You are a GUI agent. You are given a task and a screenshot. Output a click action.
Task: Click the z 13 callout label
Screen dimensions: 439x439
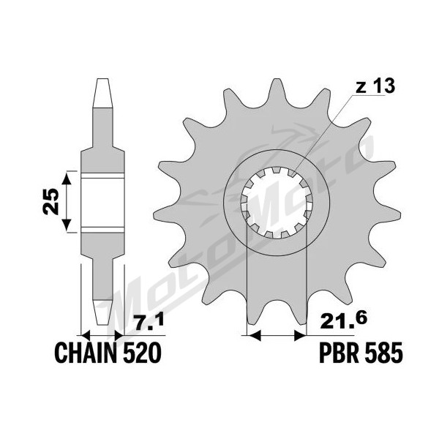(x=375, y=86)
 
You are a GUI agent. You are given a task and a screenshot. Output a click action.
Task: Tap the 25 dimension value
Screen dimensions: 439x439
(x=52, y=202)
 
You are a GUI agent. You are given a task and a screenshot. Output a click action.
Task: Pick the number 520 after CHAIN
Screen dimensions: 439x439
(x=142, y=353)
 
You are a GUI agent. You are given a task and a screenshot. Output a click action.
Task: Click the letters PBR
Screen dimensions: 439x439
(x=339, y=353)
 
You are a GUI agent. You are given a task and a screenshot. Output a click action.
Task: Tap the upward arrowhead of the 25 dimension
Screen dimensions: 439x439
(x=67, y=179)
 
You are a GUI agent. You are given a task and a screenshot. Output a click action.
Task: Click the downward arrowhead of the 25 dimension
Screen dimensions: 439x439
(x=67, y=226)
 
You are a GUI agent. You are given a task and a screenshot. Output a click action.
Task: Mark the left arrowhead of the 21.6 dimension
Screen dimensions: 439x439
(x=253, y=335)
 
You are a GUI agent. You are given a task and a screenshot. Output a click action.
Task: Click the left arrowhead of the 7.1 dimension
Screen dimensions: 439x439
(x=86, y=335)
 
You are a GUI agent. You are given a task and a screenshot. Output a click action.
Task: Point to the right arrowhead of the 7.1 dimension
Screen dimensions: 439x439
(x=119, y=335)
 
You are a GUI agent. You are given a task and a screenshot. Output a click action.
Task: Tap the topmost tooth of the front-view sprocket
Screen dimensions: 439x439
(x=277, y=89)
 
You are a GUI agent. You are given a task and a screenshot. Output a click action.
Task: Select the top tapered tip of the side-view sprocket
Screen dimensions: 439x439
(x=102, y=93)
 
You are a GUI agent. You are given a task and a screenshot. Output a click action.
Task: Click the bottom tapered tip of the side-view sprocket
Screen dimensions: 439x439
(x=102, y=312)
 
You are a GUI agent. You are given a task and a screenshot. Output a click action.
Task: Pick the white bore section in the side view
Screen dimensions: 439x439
(x=102, y=203)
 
